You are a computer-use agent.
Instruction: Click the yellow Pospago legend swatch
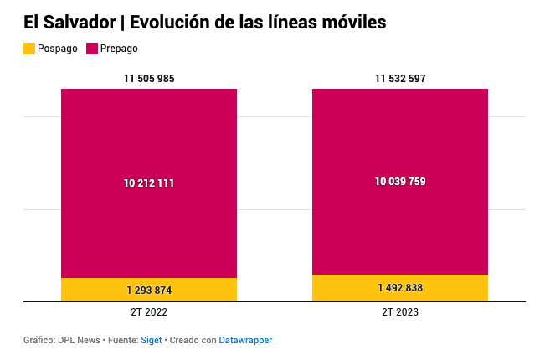click(29, 49)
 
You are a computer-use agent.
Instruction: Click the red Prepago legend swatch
click(91, 49)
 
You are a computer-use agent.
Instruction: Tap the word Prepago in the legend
click(119, 49)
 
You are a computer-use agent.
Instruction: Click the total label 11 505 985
click(149, 79)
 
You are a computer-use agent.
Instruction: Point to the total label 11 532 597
click(400, 79)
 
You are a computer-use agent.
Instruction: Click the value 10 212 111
click(149, 183)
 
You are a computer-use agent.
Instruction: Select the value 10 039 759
click(400, 181)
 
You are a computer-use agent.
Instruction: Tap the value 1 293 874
click(149, 291)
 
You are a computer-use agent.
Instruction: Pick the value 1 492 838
click(400, 288)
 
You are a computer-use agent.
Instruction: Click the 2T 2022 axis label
click(149, 312)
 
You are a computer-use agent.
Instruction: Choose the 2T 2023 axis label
click(400, 312)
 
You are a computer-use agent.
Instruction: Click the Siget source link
click(151, 340)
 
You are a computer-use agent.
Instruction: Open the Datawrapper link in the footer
click(245, 340)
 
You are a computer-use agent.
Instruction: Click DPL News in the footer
click(80, 340)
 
